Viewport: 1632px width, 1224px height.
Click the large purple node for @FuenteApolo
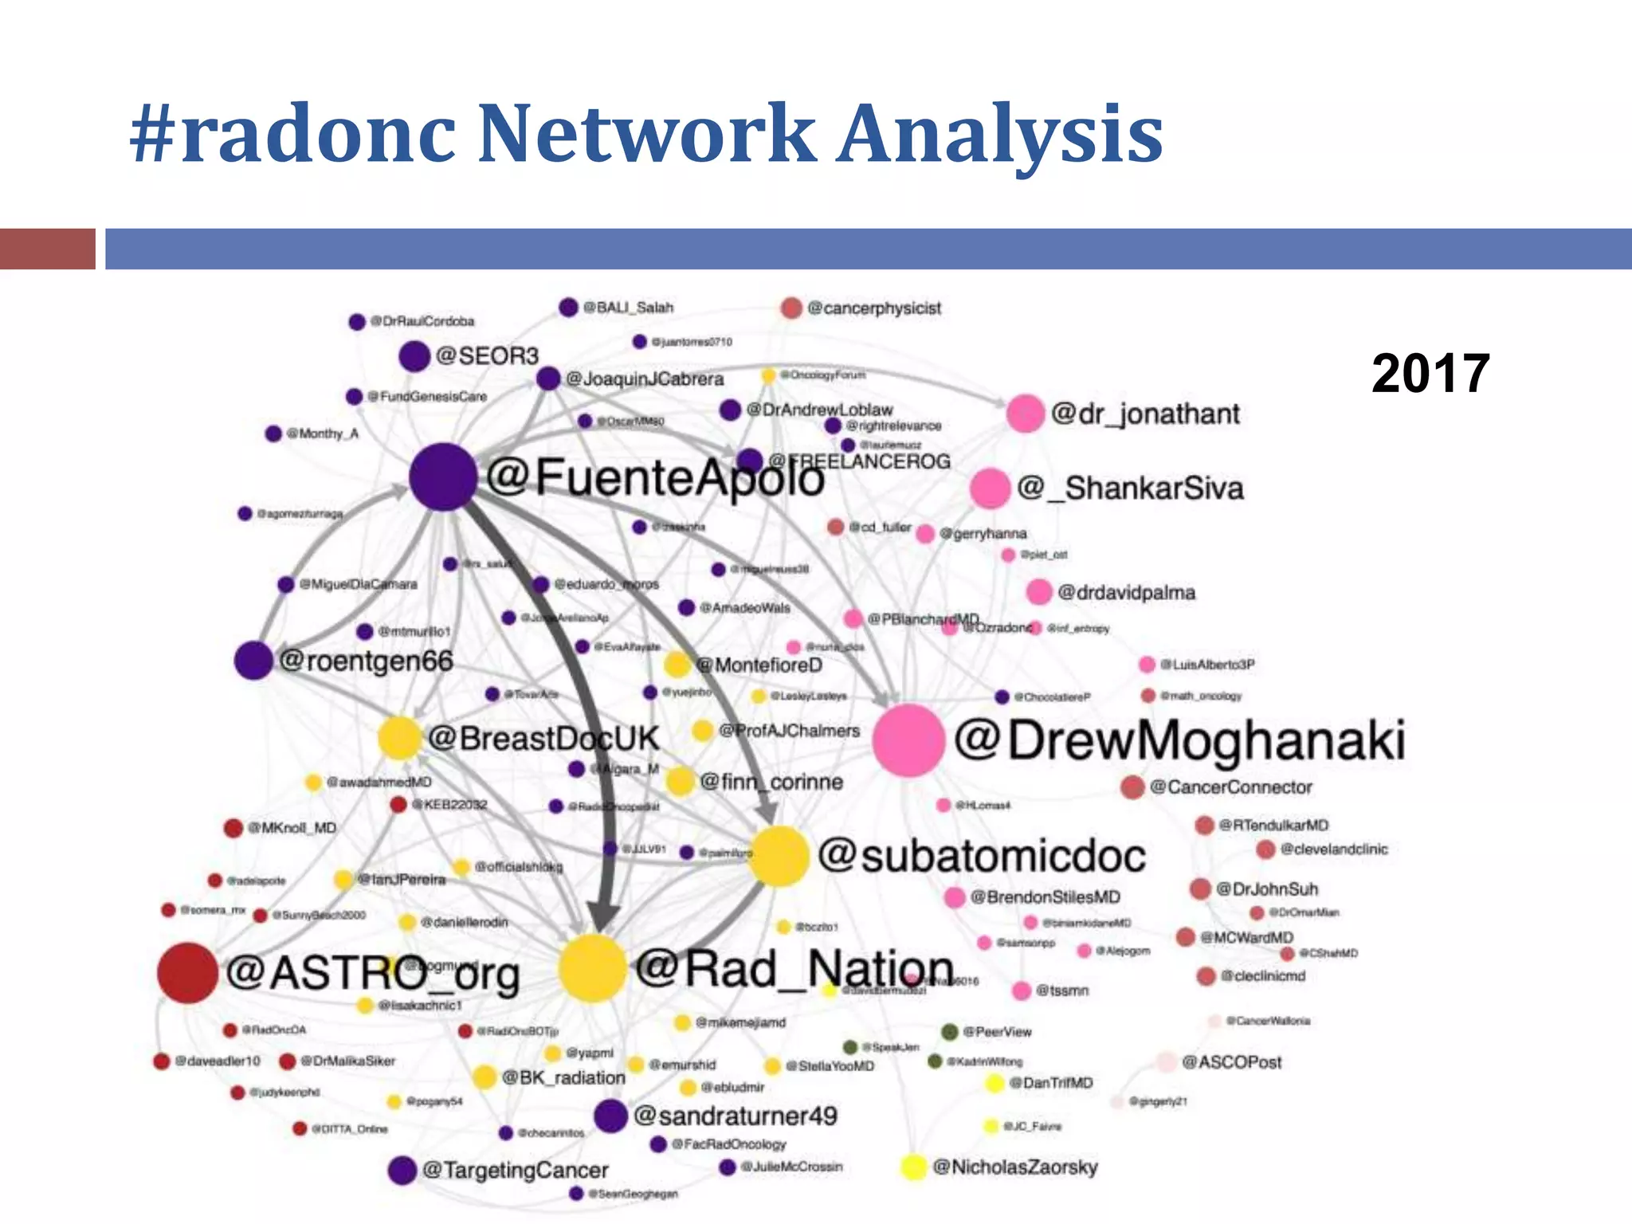443,477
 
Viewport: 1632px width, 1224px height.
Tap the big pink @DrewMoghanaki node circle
908,739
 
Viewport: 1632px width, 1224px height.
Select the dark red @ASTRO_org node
187,972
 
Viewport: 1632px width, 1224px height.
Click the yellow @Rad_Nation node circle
592,968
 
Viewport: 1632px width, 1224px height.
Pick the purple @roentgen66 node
254,661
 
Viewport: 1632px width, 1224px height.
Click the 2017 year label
1430,373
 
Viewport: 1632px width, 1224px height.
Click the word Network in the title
645,133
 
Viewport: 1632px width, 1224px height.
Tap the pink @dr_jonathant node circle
1025,413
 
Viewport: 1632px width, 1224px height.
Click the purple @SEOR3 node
414,356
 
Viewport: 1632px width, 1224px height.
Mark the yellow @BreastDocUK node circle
399,737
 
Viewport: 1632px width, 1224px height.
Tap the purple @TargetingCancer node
402,1170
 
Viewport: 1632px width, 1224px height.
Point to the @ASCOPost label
1231,1062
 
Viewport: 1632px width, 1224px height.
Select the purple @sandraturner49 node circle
611,1116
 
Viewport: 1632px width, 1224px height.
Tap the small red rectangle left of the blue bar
48,249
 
